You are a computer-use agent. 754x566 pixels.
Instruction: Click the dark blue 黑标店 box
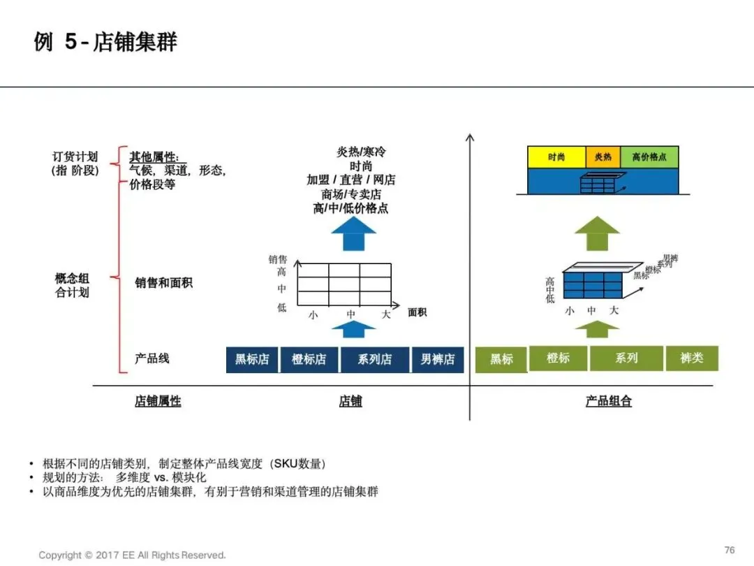(x=251, y=359)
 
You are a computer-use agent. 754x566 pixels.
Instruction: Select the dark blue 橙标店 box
(x=309, y=359)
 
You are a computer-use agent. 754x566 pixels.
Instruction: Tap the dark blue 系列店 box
(x=374, y=359)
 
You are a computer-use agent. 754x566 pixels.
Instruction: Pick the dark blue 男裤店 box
(x=437, y=359)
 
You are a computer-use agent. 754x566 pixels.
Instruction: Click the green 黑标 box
(x=501, y=359)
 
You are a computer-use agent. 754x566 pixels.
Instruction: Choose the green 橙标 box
(x=558, y=358)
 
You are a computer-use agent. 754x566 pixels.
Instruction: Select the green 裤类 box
(x=691, y=358)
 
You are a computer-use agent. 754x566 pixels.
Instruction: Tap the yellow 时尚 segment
(x=556, y=157)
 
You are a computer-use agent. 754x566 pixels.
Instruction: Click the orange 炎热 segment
(x=603, y=157)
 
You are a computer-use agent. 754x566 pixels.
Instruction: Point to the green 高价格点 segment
(x=649, y=157)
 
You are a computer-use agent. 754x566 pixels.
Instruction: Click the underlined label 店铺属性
(x=158, y=402)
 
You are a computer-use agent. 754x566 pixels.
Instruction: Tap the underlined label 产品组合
(x=608, y=402)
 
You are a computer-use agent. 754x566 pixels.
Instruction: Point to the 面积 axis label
(x=417, y=312)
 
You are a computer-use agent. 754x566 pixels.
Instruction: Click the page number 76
(x=730, y=550)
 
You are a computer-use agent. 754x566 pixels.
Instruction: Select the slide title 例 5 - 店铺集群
(x=105, y=42)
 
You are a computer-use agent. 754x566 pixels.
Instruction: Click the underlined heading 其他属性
(x=154, y=157)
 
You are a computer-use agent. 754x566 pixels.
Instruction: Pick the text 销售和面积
(x=163, y=283)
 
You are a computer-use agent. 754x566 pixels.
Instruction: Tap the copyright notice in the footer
(x=132, y=555)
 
